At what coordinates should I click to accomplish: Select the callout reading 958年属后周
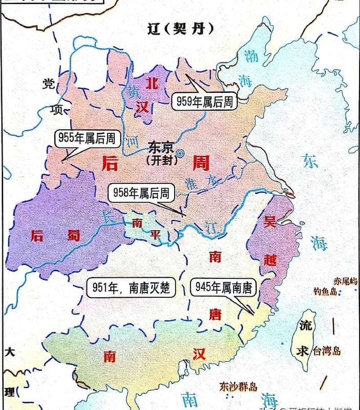[142, 193]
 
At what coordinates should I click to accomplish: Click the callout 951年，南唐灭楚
[132, 288]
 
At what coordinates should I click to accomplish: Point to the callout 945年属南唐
[223, 288]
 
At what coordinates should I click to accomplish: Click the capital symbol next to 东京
[180, 152]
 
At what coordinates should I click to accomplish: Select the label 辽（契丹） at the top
[179, 29]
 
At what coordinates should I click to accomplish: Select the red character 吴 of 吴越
[269, 221]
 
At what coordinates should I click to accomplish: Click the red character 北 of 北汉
[152, 82]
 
